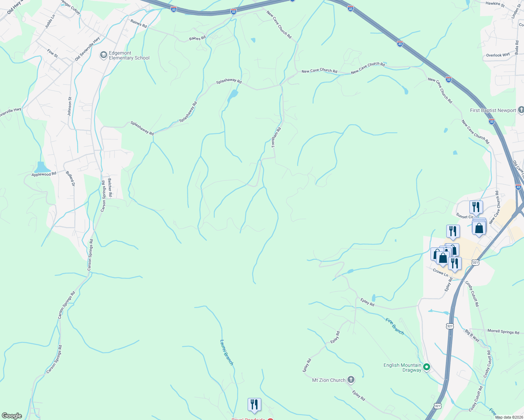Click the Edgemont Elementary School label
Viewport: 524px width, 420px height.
coord(129,56)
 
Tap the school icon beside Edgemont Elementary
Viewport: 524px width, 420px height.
coord(103,55)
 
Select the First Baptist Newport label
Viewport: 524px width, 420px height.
coord(493,111)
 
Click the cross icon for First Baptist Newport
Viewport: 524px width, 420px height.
coord(521,110)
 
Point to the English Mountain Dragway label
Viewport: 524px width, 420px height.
coord(402,367)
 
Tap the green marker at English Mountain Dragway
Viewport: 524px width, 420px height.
coord(427,367)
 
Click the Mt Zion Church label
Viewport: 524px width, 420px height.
coord(329,380)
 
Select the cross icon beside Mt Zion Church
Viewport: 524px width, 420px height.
coord(351,380)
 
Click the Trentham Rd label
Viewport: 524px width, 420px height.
coord(276,137)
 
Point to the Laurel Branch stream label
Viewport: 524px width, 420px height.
coord(227,352)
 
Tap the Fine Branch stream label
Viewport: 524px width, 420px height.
coord(395,326)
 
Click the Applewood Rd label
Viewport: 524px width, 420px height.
coord(44,174)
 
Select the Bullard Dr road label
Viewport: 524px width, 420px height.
coord(70,178)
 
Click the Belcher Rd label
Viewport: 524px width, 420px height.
coord(110,187)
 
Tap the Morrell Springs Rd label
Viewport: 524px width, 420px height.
coord(503,331)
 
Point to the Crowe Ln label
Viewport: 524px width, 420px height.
coord(440,272)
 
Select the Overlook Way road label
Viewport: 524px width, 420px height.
coord(498,55)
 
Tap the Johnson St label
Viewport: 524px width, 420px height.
coord(69,106)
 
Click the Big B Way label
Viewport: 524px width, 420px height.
coord(472,335)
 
